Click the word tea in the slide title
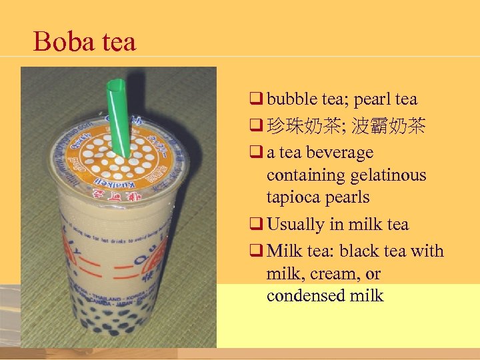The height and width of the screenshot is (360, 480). (118, 42)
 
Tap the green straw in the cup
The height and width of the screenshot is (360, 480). (118, 117)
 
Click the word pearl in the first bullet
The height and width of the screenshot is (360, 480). (371, 99)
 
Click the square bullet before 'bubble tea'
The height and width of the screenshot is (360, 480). (255, 99)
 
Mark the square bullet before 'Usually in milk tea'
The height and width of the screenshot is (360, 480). (255, 225)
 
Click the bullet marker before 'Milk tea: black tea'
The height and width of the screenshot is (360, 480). (255, 251)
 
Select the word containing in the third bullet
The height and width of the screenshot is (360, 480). (303, 175)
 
